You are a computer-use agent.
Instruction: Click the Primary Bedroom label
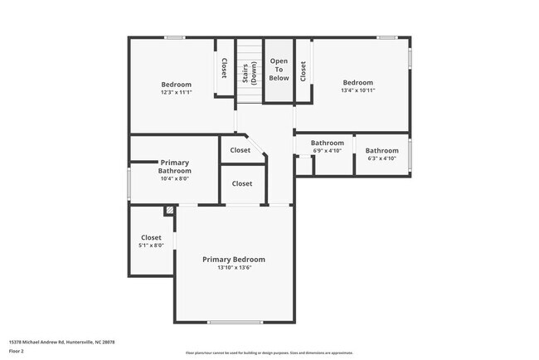pos(234,259)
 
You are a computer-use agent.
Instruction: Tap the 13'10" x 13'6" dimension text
pos(234,268)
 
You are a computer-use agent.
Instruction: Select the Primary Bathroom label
pos(175,167)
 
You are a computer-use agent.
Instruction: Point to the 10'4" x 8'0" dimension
pos(175,178)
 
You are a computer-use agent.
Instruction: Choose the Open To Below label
pos(279,70)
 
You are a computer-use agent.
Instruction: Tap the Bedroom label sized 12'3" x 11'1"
pos(176,85)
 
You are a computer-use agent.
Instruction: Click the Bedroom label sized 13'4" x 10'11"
pos(358,82)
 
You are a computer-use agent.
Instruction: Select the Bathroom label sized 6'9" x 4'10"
pos(327,143)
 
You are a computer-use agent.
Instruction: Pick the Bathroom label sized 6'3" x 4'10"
pos(381,150)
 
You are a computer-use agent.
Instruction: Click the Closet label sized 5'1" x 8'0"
pos(151,237)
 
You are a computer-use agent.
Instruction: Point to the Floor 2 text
pos(17,351)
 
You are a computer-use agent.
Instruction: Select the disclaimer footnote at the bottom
pos(269,353)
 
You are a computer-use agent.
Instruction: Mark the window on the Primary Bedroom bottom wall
pos(235,322)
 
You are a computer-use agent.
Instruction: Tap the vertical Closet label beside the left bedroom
pos(224,70)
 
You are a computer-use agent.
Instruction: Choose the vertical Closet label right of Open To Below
pos(303,71)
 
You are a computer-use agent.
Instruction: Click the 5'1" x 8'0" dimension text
pos(151,246)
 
